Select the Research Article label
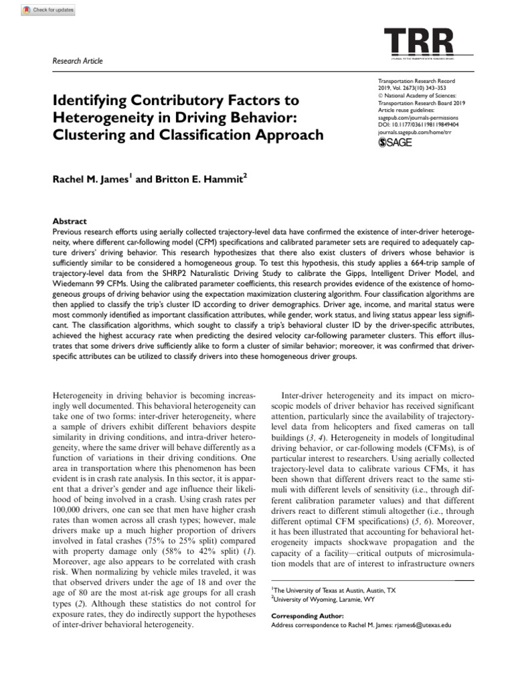78,61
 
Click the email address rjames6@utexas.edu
420,624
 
